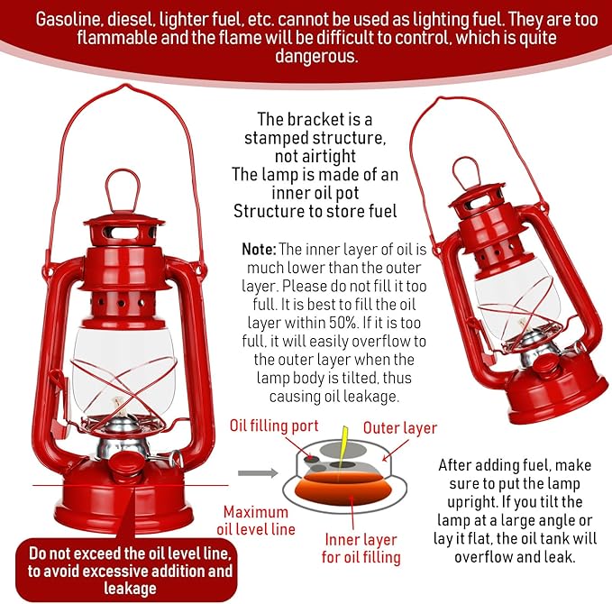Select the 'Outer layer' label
tap(399, 428)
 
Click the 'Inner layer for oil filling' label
tap(361, 549)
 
